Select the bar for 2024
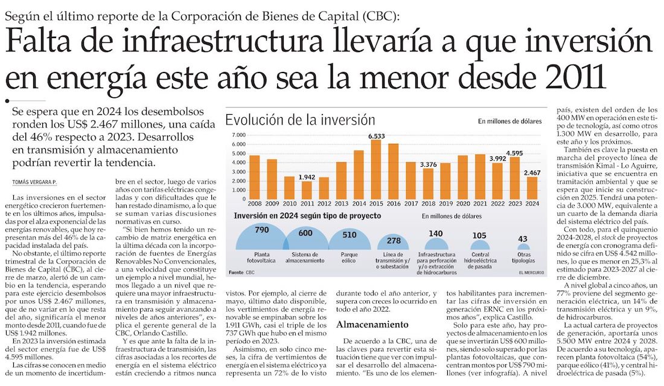pyautogui.click(x=532, y=187)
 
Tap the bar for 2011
pyautogui.click(x=307, y=190)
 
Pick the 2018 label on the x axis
pyautogui.click(x=428, y=204)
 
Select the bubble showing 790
pyautogui.click(x=261, y=238)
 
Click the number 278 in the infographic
pyautogui.click(x=394, y=240)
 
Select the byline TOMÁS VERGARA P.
pyautogui.click(x=36, y=182)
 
